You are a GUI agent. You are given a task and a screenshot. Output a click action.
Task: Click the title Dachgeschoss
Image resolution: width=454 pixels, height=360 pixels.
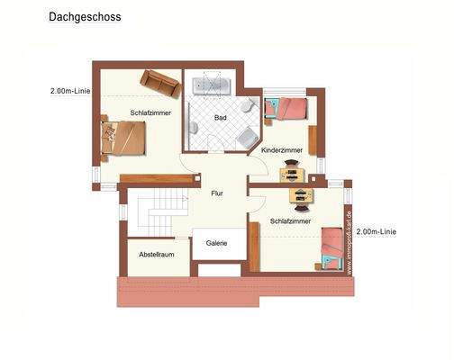click(85, 16)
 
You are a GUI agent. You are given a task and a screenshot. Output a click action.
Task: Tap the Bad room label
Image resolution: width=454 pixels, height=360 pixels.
click(220, 118)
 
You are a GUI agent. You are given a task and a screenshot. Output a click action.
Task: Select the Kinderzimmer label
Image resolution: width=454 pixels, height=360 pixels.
click(282, 150)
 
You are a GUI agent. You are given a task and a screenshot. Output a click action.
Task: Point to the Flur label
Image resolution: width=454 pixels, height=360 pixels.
click(216, 192)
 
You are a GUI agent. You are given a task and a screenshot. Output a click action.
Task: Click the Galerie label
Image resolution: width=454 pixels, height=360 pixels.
click(216, 242)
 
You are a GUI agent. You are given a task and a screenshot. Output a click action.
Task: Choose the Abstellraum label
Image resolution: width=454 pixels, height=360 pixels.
click(156, 255)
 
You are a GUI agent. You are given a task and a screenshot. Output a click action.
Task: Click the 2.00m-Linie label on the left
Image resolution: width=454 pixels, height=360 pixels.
click(71, 90)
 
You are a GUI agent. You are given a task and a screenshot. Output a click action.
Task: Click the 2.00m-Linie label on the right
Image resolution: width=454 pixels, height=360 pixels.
click(376, 231)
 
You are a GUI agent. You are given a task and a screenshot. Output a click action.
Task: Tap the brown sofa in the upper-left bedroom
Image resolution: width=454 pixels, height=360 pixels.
click(159, 83)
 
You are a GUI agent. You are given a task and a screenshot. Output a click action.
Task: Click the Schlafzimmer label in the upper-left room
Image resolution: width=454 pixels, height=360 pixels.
click(150, 112)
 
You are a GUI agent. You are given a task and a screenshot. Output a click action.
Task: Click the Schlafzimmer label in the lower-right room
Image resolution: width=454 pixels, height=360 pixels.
click(291, 220)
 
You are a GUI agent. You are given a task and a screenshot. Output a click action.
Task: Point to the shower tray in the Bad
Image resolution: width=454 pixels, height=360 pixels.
click(246, 139)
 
